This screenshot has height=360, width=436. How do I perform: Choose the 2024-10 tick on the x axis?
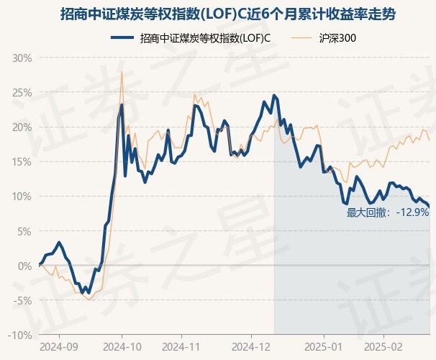(121, 346)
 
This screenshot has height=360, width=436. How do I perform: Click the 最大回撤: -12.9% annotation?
(388, 212)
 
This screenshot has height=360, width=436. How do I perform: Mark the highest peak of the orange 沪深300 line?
(122, 72)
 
